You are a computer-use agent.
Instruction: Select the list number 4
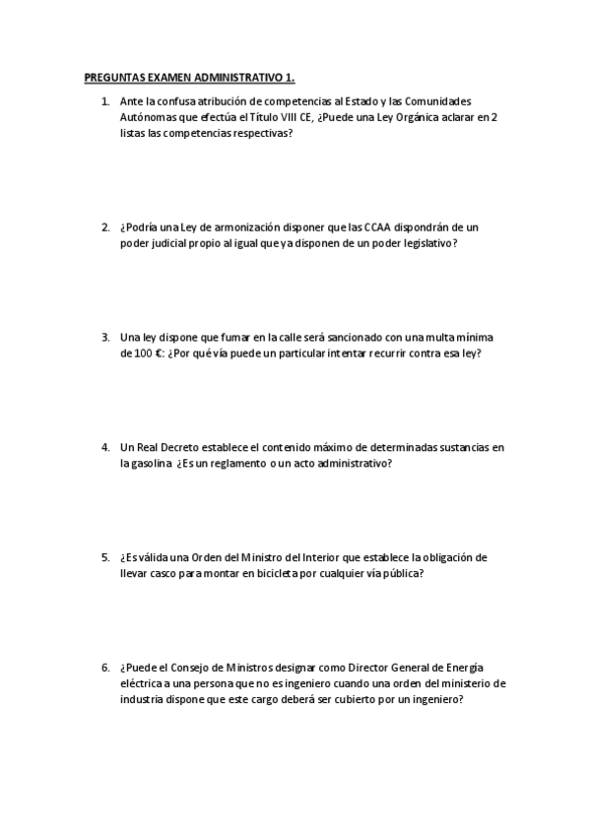click(104, 448)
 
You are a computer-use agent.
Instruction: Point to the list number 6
click(104, 667)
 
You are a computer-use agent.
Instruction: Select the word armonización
click(248, 226)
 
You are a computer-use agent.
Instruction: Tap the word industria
click(144, 699)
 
